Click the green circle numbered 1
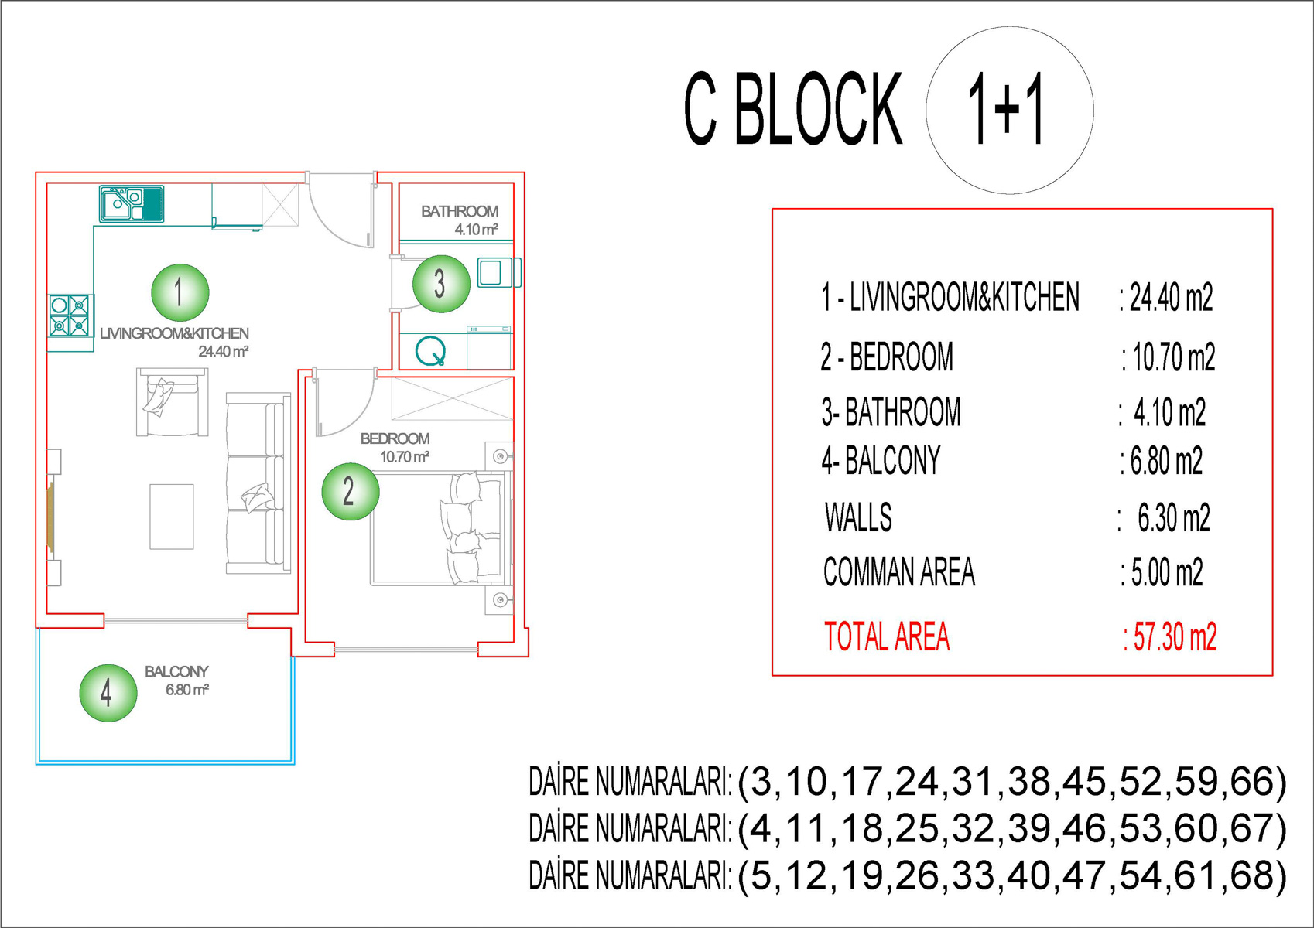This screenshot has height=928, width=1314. (180, 292)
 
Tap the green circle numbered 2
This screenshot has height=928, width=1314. (350, 491)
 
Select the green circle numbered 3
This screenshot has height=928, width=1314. (440, 284)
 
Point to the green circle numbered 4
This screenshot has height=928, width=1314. (108, 693)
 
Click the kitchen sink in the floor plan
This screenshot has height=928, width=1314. (131, 203)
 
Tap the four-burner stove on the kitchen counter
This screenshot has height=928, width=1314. (70, 315)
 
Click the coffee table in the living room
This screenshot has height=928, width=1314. (172, 517)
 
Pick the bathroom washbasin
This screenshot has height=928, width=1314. (494, 272)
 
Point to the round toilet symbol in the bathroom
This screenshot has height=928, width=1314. (431, 351)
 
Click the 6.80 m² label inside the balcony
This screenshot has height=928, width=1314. (186, 690)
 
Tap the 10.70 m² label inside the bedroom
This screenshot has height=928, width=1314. (404, 457)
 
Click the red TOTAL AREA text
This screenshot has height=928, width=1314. (887, 637)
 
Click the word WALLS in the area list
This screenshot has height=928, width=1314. (858, 517)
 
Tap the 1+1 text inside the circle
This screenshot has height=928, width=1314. (1006, 110)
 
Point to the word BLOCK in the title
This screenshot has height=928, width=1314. (817, 110)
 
